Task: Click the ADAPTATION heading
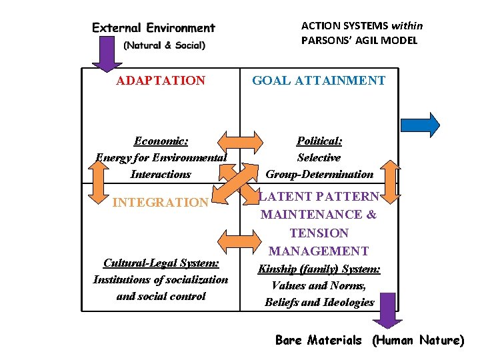coord(161,81)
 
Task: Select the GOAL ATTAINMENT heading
coord(318,81)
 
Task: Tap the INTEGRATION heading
coord(161,202)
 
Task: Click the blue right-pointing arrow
coord(420,125)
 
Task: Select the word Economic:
coord(161,141)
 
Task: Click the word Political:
coord(319,141)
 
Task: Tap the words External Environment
coord(153,28)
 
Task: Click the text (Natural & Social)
coord(164,45)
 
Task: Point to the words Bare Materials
coord(318,340)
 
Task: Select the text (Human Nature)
coord(417,340)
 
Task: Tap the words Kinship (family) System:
coord(319,269)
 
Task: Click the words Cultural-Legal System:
coord(161,263)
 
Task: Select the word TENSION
coord(319,233)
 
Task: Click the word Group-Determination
coord(319,174)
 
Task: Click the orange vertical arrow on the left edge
coord(98,180)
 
